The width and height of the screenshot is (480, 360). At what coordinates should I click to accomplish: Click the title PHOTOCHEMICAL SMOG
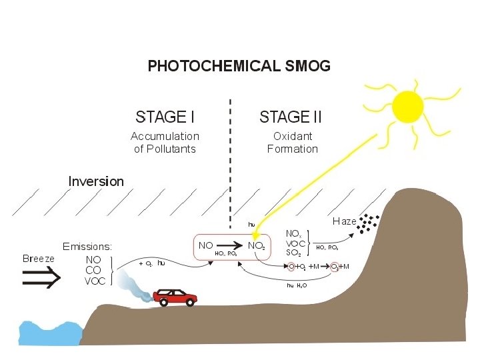click(239, 67)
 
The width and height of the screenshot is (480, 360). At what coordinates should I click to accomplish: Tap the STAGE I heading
click(165, 117)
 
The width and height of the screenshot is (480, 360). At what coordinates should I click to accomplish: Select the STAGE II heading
click(290, 117)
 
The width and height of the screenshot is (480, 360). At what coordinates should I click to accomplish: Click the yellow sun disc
click(407, 107)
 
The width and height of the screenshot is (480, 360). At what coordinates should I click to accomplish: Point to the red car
click(175, 296)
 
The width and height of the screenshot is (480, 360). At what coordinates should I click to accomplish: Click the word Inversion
click(96, 181)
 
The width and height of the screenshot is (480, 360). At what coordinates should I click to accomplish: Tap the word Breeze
click(39, 259)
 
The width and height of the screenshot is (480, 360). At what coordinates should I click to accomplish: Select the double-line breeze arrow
click(41, 280)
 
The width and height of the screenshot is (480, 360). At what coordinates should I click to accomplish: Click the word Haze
click(344, 221)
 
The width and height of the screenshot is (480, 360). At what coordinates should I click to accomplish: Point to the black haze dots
click(365, 223)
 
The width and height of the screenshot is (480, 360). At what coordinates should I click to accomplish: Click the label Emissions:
click(87, 247)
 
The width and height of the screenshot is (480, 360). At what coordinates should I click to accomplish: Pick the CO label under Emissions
click(93, 270)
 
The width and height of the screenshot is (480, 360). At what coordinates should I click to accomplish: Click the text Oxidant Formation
click(293, 142)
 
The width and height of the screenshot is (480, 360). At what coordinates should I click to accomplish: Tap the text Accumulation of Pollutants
click(165, 142)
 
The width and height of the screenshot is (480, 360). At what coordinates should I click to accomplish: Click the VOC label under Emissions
click(95, 281)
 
